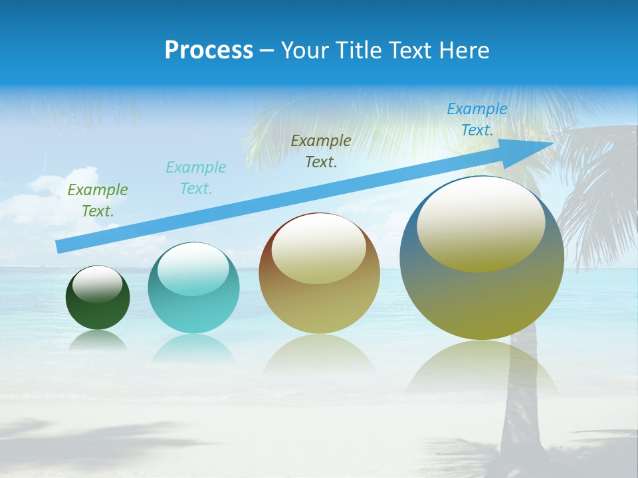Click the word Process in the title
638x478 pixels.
tap(209, 50)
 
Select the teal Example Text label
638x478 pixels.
tap(196, 178)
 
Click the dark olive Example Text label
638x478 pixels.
tap(321, 151)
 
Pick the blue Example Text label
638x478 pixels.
tap(477, 119)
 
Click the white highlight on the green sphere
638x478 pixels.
tap(97, 284)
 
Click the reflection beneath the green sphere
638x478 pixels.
tap(98, 339)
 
